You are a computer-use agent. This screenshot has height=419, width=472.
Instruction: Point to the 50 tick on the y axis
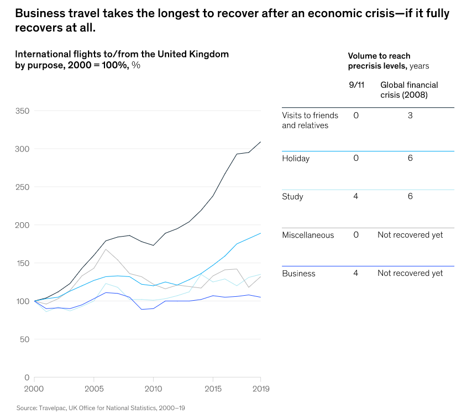(24, 339)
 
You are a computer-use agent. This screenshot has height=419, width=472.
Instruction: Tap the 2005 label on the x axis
(94, 389)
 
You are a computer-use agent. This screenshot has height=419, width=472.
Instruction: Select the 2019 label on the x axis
(260, 389)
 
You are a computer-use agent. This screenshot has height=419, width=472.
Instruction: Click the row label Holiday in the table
(296, 159)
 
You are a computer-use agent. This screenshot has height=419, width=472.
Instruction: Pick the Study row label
(292, 197)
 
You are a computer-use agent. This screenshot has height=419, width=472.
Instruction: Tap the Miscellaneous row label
(308, 235)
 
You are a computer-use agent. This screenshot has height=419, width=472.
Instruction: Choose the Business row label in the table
(298, 274)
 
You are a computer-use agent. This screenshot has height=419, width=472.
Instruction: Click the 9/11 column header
(355, 85)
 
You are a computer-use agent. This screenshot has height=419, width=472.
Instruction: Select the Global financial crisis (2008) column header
(409, 90)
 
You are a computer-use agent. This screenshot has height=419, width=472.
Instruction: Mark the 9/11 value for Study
(356, 197)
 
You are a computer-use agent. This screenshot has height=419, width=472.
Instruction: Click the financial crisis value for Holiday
(410, 159)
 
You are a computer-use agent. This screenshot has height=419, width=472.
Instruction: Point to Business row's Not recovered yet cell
(410, 274)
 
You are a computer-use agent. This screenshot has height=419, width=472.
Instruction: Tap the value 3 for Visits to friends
(410, 116)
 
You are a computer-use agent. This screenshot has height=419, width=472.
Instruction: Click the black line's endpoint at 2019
(260, 142)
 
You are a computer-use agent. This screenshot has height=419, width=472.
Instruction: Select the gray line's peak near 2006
(106, 249)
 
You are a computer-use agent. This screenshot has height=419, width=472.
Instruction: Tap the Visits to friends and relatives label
(310, 121)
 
